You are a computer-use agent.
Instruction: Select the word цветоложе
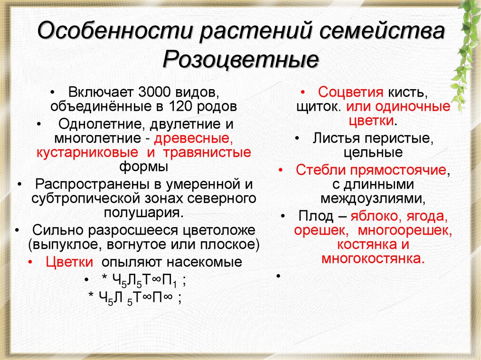(219, 230)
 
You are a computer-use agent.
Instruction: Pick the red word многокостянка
(372, 259)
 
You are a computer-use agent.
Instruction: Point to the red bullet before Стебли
(280, 170)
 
